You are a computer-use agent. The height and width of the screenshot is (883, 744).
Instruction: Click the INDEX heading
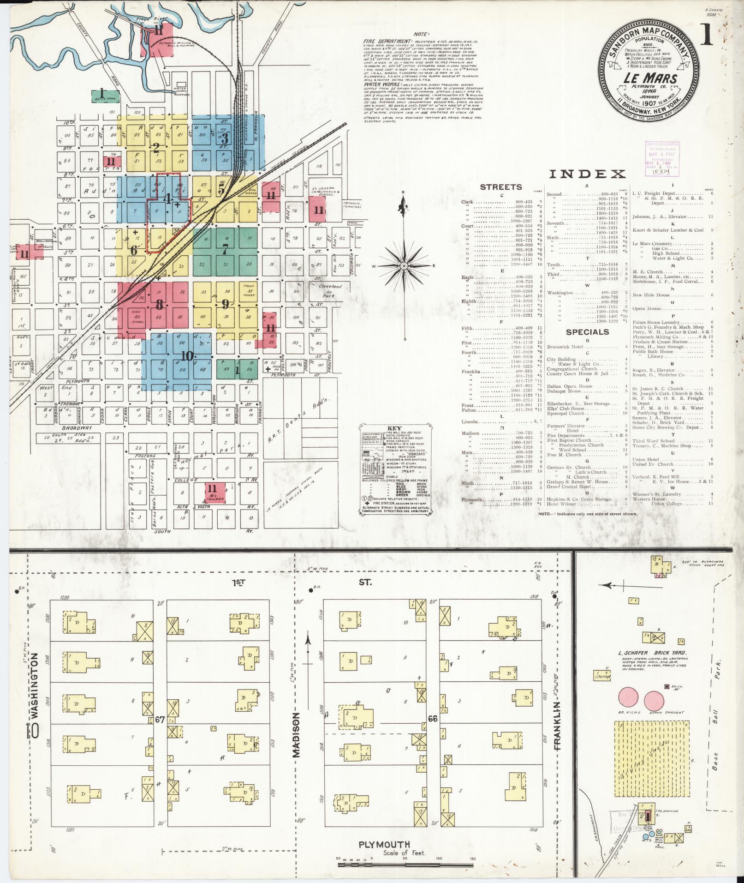[x=587, y=174]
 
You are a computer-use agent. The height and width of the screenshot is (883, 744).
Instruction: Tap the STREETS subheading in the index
[x=501, y=187]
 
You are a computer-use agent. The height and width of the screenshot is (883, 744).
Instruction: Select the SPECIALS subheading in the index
[x=587, y=332]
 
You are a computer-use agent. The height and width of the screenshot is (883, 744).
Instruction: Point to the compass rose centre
[x=404, y=266]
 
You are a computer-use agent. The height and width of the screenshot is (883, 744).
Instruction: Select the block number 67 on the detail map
[x=160, y=719]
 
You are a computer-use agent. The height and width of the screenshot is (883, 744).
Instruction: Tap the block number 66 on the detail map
[x=432, y=719]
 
